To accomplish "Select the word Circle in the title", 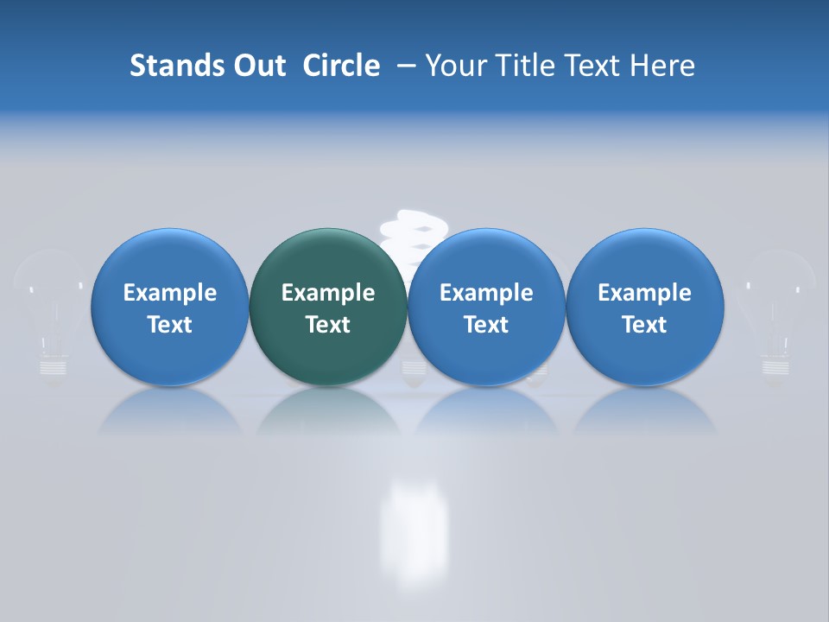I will (x=341, y=66).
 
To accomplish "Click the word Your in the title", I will (x=456, y=66).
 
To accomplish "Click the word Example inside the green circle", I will (x=328, y=293).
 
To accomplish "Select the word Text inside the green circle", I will (x=328, y=325).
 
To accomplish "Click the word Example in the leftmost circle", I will (x=170, y=293).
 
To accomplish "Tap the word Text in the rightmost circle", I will (x=644, y=325).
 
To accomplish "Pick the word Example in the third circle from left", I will (x=486, y=293).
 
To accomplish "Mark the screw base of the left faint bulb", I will (x=53, y=366).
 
